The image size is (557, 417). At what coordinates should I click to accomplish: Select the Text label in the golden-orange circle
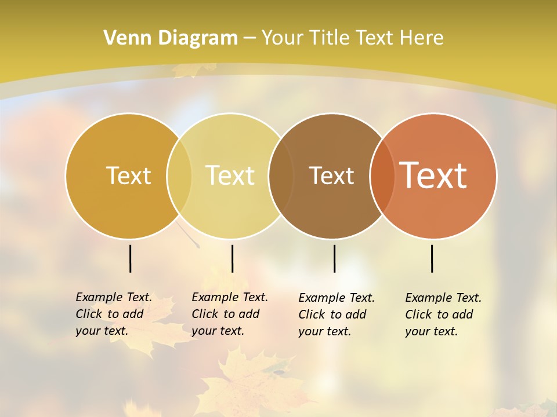pyautogui.click(x=128, y=175)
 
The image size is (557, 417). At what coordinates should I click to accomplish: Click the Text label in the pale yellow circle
pyautogui.click(x=230, y=175)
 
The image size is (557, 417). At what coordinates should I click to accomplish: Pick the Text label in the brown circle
pyautogui.click(x=332, y=175)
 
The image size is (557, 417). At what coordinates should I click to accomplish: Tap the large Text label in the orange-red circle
pyautogui.click(x=433, y=175)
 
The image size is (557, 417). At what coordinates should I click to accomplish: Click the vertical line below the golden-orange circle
pyautogui.click(x=131, y=258)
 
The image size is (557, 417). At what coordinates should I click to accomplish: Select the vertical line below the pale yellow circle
pyautogui.click(x=232, y=258)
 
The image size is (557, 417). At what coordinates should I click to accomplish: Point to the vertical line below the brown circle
pyautogui.click(x=334, y=258)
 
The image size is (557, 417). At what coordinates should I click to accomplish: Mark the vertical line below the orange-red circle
pyautogui.click(x=432, y=258)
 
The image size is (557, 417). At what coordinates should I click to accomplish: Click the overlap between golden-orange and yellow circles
pyautogui.click(x=179, y=175)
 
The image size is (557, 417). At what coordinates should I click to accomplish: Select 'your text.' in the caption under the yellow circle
pyautogui.click(x=218, y=331)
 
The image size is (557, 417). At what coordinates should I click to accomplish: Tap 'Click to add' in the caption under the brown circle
pyautogui.click(x=332, y=314)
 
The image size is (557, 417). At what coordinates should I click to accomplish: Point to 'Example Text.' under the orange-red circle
pyautogui.click(x=443, y=298)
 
